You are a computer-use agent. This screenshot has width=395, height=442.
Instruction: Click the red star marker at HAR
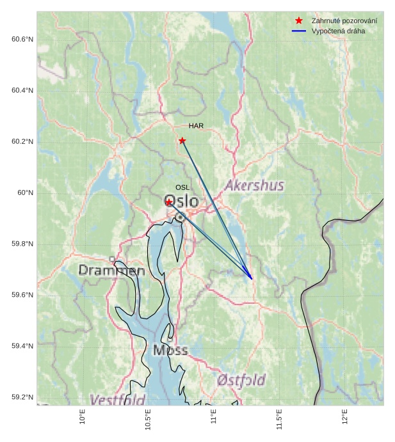click(182, 140)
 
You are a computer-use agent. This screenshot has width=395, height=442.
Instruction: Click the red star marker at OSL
click(169, 202)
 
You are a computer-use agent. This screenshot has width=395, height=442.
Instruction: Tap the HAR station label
click(196, 126)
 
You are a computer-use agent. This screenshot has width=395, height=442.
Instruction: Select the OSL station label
click(182, 187)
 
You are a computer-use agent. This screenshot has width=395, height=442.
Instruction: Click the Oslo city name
click(182, 202)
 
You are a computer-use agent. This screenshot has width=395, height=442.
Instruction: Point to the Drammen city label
click(111, 271)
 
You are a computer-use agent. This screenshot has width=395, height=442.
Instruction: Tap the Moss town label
click(170, 350)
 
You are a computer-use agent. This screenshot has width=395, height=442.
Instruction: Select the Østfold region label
click(241, 380)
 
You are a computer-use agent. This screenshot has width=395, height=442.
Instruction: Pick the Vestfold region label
click(117, 400)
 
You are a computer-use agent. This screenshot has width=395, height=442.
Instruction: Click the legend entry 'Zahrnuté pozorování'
click(344, 21)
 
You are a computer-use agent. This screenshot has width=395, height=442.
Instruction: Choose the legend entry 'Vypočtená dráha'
click(338, 31)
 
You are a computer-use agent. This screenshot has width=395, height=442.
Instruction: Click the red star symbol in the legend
click(298, 21)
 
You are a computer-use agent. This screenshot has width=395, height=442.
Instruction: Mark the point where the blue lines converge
click(252, 279)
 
